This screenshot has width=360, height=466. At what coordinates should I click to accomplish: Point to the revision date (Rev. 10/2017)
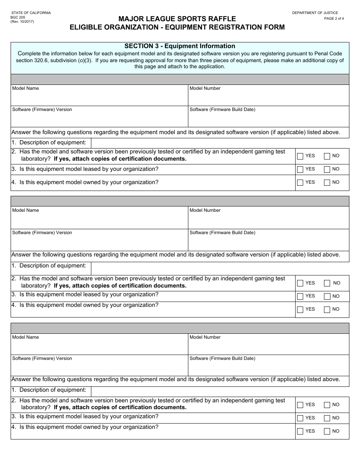point(22,22)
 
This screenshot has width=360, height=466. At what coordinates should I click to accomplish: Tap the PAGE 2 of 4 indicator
point(334,19)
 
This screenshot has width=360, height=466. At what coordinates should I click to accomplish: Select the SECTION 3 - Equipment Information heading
point(180,46)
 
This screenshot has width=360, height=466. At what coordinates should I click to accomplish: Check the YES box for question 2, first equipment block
point(300,156)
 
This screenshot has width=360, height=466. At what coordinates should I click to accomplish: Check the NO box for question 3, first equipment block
point(327,169)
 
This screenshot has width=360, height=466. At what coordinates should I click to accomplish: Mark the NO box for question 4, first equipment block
point(327,183)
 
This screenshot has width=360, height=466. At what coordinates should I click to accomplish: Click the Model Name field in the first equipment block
point(99,98)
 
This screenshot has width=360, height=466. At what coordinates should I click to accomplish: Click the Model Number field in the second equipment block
point(268,220)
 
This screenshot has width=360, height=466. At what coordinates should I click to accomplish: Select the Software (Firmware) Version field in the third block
point(99,368)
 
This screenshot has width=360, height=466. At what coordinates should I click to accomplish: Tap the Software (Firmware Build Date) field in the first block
point(268,119)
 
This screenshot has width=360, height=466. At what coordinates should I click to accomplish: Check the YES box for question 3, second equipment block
point(300,296)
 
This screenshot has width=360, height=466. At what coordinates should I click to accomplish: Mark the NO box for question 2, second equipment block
point(327,283)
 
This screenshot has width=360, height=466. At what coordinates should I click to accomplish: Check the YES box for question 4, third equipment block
point(300,431)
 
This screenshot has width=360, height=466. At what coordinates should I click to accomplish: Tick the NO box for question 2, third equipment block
point(327,405)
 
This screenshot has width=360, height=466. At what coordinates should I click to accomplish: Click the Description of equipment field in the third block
point(220,391)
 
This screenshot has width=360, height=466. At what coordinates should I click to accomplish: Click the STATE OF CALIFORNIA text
point(31,13)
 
